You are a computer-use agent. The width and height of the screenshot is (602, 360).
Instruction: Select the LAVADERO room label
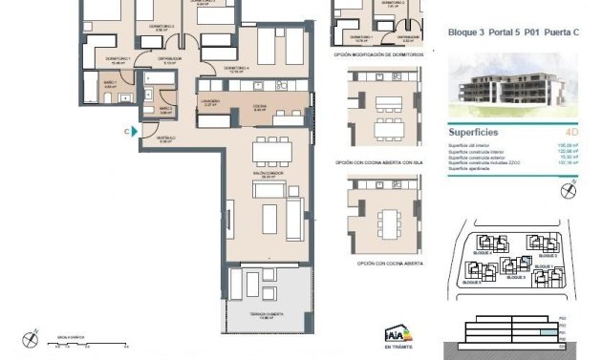click(x=211, y=102)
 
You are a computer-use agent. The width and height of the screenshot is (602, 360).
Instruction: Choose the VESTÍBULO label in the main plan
click(x=164, y=138)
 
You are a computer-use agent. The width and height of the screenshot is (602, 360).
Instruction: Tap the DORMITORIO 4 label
click(x=237, y=69)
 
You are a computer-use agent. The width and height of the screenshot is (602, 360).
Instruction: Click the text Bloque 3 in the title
click(x=464, y=32)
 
